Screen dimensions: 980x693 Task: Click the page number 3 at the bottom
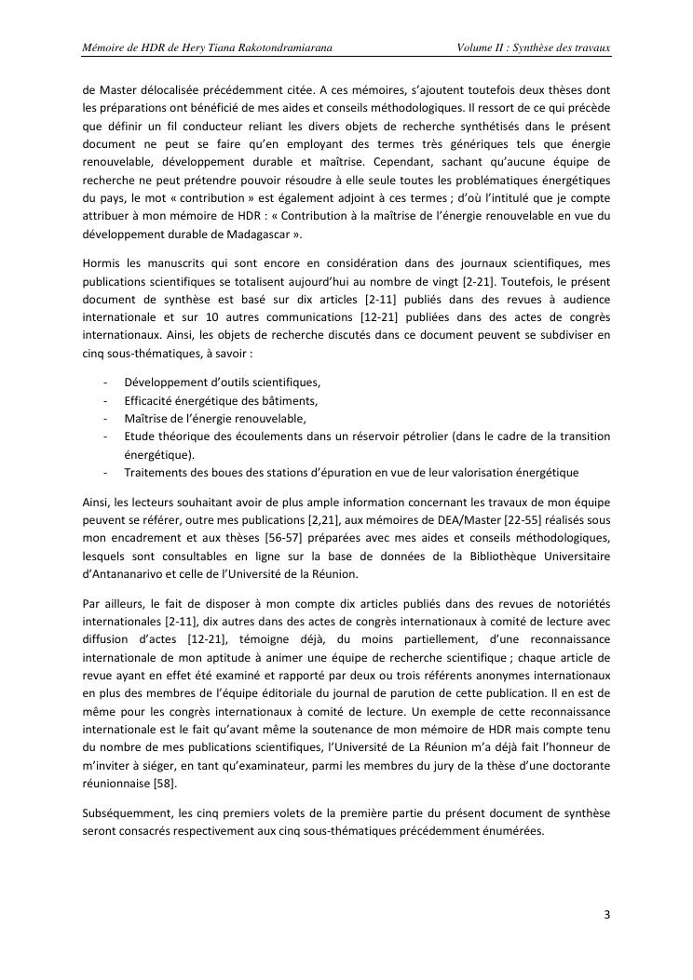tap(606, 914)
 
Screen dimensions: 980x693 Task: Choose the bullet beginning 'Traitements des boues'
tap(351, 471)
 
